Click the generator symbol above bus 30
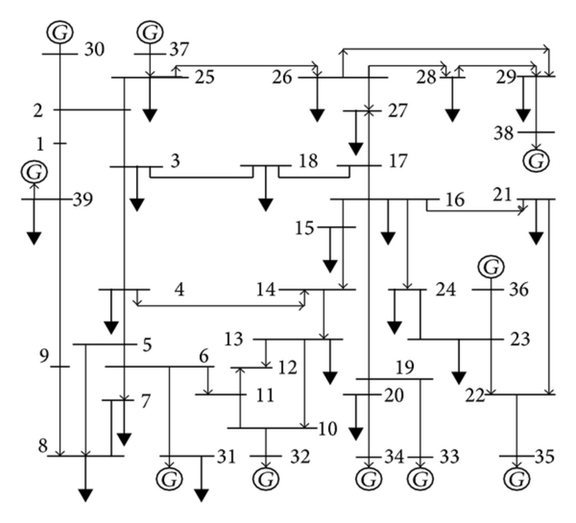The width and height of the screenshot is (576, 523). point(60,32)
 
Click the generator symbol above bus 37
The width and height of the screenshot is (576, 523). point(150,32)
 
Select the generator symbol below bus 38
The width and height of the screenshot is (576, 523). point(536,161)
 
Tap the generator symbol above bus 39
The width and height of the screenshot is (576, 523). point(34,171)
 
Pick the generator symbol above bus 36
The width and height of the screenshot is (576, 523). point(491,266)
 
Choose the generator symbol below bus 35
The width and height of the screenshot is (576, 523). point(517,478)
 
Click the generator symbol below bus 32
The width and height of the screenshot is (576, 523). point(266,478)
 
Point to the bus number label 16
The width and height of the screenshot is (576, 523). point(455,200)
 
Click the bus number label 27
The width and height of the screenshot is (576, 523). point(398,111)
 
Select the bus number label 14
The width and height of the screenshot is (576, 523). point(266,289)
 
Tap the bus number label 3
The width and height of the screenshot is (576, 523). point(176,161)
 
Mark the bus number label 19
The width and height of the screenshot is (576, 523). point(405,367)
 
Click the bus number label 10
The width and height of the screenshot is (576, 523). point(327,429)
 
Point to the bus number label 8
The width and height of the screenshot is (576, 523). point(43,446)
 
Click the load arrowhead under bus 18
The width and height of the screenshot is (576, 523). point(266,205)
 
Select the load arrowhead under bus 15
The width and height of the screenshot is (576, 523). point(330,266)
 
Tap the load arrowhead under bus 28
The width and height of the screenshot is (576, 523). point(452,115)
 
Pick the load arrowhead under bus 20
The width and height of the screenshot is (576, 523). point(355,434)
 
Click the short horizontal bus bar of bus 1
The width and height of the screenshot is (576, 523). point(60,143)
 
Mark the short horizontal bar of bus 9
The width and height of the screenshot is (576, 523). point(60,367)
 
